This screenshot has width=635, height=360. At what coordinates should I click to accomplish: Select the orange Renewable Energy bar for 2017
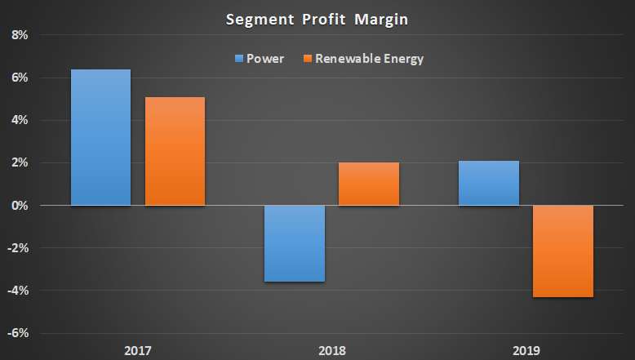click(x=175, y=151)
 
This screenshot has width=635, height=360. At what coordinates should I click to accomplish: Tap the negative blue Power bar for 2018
click(x=295, y=243)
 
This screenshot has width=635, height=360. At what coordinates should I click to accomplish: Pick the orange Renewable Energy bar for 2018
click(x=369, y=184)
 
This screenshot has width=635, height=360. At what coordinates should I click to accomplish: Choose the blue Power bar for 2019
click(x=489, y=183)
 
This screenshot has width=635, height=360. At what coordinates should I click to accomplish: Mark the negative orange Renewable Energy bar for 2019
click(x=563, y=251)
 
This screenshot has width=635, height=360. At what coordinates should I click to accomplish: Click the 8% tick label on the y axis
click(x=18, y=35)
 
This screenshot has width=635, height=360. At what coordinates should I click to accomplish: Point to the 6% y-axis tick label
click(x=18, y=78)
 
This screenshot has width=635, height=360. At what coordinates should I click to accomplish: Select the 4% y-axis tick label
click(x=18, y=120)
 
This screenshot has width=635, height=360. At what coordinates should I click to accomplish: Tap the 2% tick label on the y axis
click(x=18, y=162)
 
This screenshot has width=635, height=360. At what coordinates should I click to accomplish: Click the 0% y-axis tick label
click(x=18, y=206)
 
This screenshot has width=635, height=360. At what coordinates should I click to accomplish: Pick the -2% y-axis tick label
click(x=17, y=248)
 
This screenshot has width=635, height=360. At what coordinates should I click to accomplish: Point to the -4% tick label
click(x=17, y=291)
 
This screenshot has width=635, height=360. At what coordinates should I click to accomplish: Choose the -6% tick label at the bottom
click(x=17, y=333)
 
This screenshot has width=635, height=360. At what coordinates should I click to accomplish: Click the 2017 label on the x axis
click(x=138, y=351)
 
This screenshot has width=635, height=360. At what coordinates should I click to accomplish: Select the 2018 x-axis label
click(x=332, y=351)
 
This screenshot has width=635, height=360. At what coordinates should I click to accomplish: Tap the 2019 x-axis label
click(x=526, y=351)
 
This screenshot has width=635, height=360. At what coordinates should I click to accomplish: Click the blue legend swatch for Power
click(x=239, y=59)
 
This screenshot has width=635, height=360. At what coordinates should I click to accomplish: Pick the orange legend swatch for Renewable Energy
click(x=308, y=59)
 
